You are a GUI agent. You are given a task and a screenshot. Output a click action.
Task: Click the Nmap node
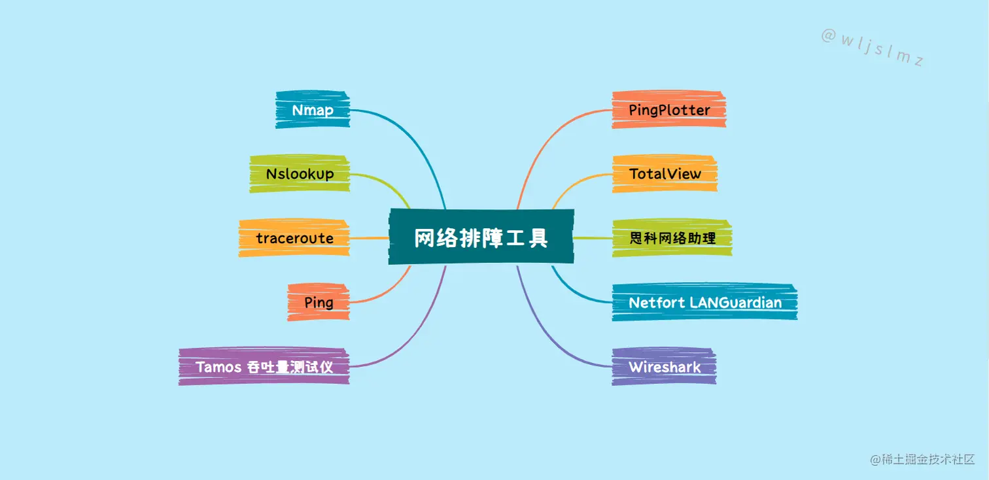tap(313, 110)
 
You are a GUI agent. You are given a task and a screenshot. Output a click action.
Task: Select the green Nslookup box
tap(300, 174)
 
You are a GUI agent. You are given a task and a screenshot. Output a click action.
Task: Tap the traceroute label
tap(294, 238)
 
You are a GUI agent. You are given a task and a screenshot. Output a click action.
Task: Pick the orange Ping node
tap(319, 302)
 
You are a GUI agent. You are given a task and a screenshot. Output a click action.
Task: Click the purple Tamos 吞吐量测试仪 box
tap(264, 366)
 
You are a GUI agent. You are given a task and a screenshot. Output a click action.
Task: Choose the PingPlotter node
tap(669, 110)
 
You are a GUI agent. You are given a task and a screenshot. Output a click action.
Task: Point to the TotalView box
tap(665, 174)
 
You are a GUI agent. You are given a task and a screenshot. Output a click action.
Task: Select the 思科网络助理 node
tap(672, 238)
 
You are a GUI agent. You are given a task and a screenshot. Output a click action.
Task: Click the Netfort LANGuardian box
tap(704, 302)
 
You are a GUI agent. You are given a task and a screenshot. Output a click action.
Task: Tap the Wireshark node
tap(665, 366)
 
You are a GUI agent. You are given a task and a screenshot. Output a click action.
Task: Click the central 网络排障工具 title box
tap(481, 237)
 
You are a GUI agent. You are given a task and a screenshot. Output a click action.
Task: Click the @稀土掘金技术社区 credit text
tap(922, 460)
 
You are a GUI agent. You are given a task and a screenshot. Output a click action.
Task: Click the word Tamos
tap(219, 366)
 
